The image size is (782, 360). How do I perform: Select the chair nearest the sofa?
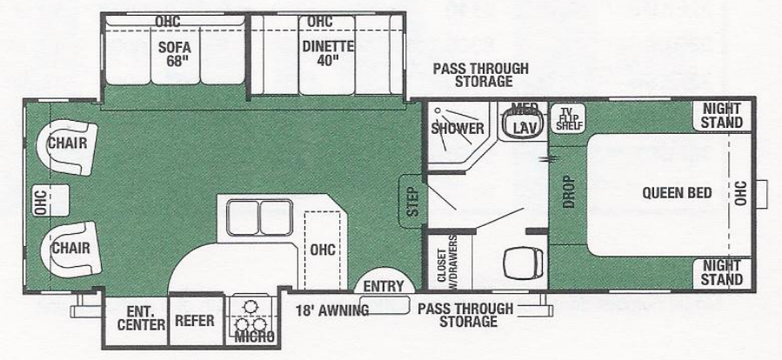pos(67,143)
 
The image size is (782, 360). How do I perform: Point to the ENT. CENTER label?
pos(139,317)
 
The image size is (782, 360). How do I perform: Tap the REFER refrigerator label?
pos(195,321)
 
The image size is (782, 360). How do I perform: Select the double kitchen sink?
pos(258,217)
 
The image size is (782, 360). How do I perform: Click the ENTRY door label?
pos(384,286)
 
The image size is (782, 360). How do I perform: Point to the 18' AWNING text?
pos(331,310)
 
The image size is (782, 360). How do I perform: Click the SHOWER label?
pos(458,129)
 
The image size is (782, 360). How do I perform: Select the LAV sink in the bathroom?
pos(525,127)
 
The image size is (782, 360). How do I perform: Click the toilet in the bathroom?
pos(525,258)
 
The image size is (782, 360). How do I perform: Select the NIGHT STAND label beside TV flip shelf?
pos(722,116)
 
